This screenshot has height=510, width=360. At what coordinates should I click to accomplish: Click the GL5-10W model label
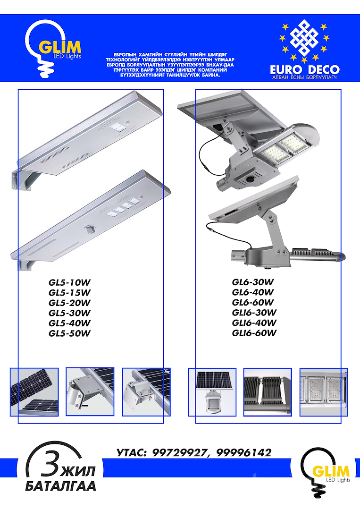click(x=69, y=282)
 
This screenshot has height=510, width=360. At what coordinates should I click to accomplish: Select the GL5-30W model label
click(x=69, y=313)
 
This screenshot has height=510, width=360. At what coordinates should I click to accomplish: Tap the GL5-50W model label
click(x=69, y=333)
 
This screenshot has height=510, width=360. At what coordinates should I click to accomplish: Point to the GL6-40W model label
click(x=253, y=292)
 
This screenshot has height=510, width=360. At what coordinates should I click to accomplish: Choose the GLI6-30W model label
click(x=254, y=313)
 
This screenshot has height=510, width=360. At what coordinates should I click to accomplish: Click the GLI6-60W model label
click(x=254, y=333)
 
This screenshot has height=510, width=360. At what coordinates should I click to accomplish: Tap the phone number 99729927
click(x=180, y=453)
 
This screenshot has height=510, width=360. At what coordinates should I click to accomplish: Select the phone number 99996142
click(x=243, y=453)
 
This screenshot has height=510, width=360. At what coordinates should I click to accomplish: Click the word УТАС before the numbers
click(x=131, y=453)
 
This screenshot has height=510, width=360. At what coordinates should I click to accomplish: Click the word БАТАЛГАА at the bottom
click(x=61, y=486)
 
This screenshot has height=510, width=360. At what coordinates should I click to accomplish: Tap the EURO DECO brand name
click(x=305, y=69)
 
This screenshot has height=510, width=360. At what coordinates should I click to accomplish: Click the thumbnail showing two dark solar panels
click(x=34, y=392)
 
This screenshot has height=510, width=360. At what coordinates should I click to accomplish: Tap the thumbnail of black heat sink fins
click(x=268, y=392)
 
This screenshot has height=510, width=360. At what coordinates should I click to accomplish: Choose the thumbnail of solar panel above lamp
click(x=212, y=392)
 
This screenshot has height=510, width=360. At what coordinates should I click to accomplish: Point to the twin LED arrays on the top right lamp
click(x=282, y=147)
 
